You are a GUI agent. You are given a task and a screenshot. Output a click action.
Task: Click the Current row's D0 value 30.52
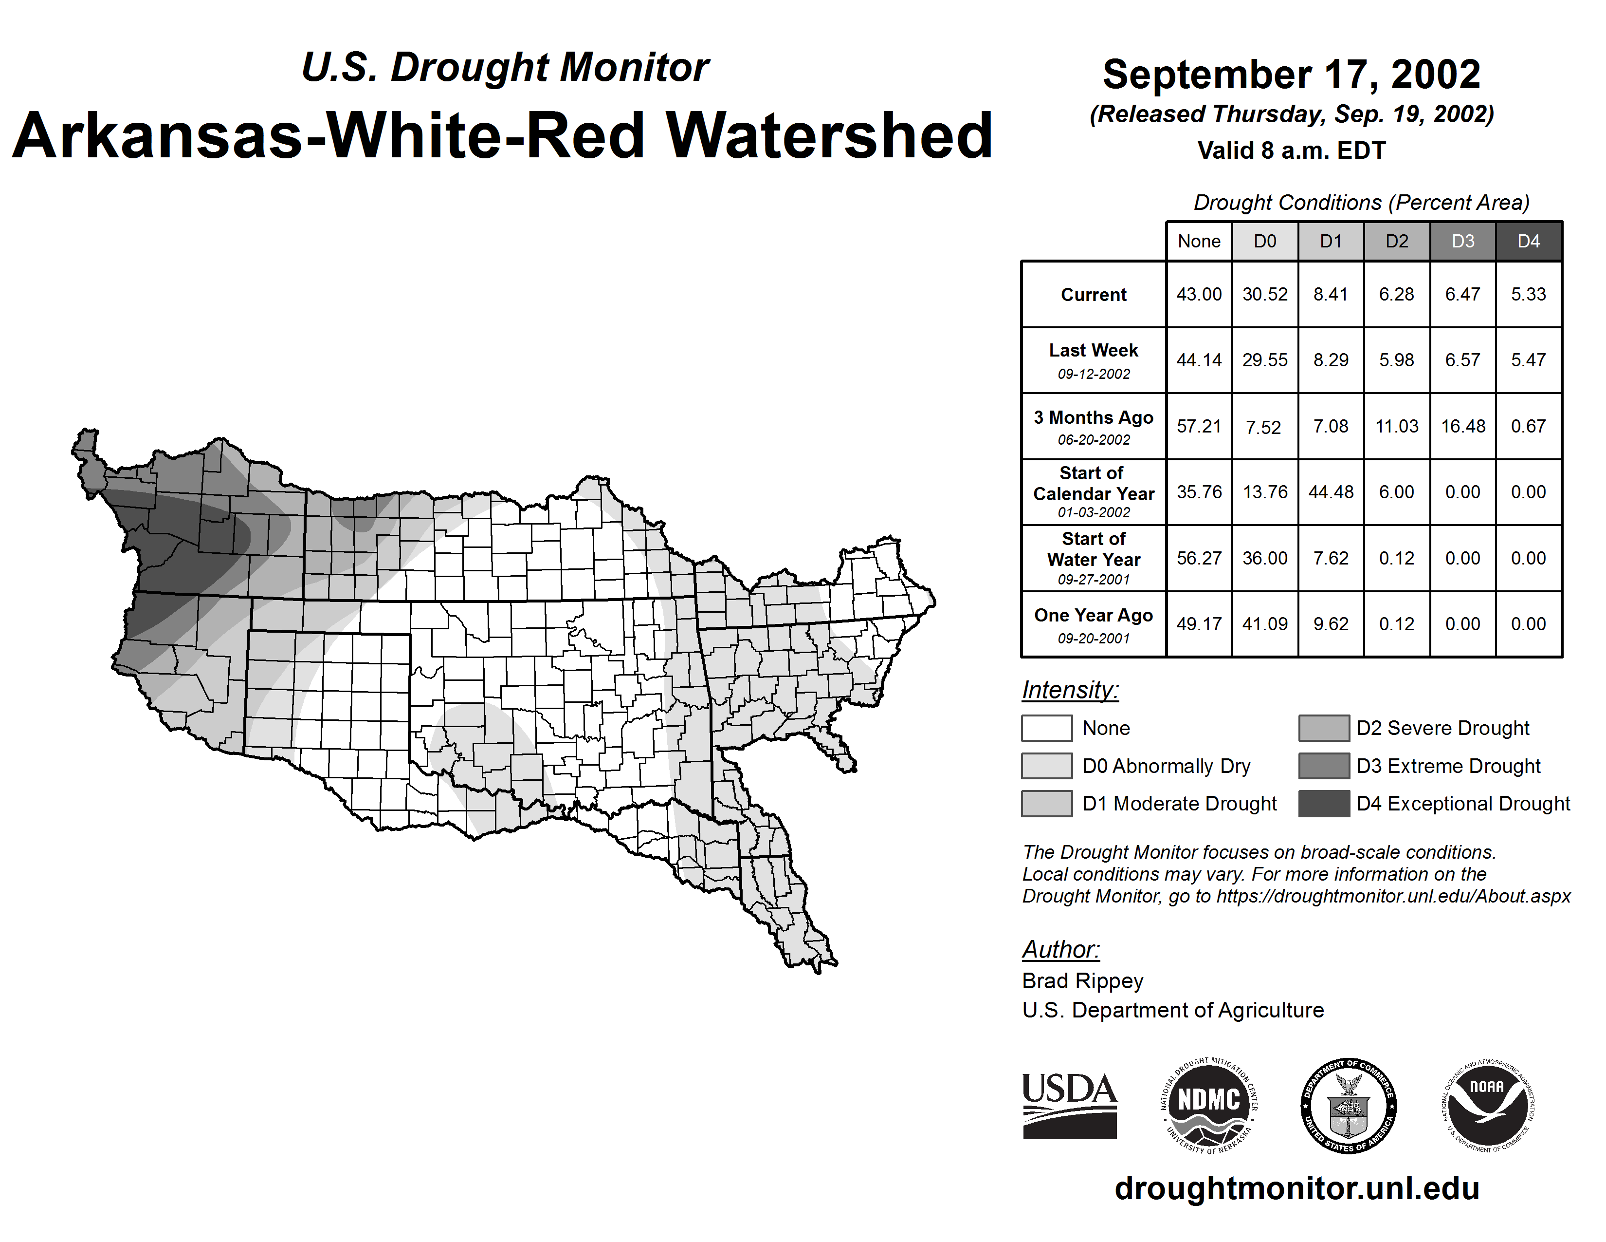1265,294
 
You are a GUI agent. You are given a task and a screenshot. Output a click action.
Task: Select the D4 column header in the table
1528,241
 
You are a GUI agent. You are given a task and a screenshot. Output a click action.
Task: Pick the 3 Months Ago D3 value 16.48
1462,426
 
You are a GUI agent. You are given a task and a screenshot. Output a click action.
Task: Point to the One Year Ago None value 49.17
1199,624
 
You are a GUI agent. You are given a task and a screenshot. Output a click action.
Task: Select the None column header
1199,241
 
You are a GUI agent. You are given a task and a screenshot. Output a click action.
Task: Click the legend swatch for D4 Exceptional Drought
1324,804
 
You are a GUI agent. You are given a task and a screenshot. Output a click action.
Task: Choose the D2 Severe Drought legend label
1443,729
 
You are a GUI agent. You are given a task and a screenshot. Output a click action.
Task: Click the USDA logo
1069,1105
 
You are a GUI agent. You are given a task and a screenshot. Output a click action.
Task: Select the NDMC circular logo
1209,1105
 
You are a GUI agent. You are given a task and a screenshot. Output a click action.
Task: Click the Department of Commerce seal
1349,1105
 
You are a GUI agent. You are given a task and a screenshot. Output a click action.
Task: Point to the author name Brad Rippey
1082,981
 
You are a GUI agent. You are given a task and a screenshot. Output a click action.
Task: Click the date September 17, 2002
1291,75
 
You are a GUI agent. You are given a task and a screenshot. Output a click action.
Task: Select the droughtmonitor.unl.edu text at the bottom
1297,1188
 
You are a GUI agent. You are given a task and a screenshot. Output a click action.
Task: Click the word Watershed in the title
829,136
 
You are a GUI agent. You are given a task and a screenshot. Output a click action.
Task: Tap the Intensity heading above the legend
1070,690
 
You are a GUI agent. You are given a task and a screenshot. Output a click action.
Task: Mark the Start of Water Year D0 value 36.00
1265,559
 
